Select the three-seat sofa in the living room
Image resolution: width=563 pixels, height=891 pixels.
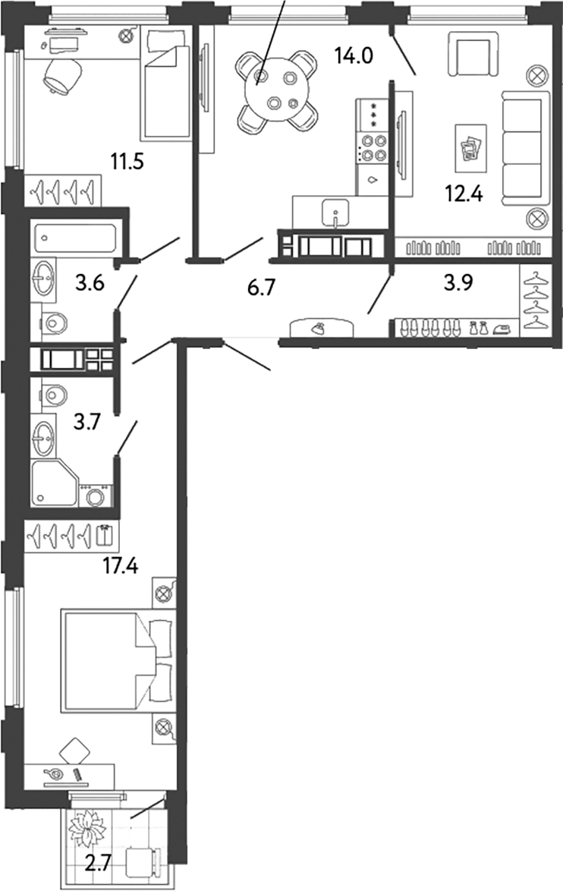[525, 149]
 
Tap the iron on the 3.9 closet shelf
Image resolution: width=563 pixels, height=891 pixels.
[500, 329]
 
